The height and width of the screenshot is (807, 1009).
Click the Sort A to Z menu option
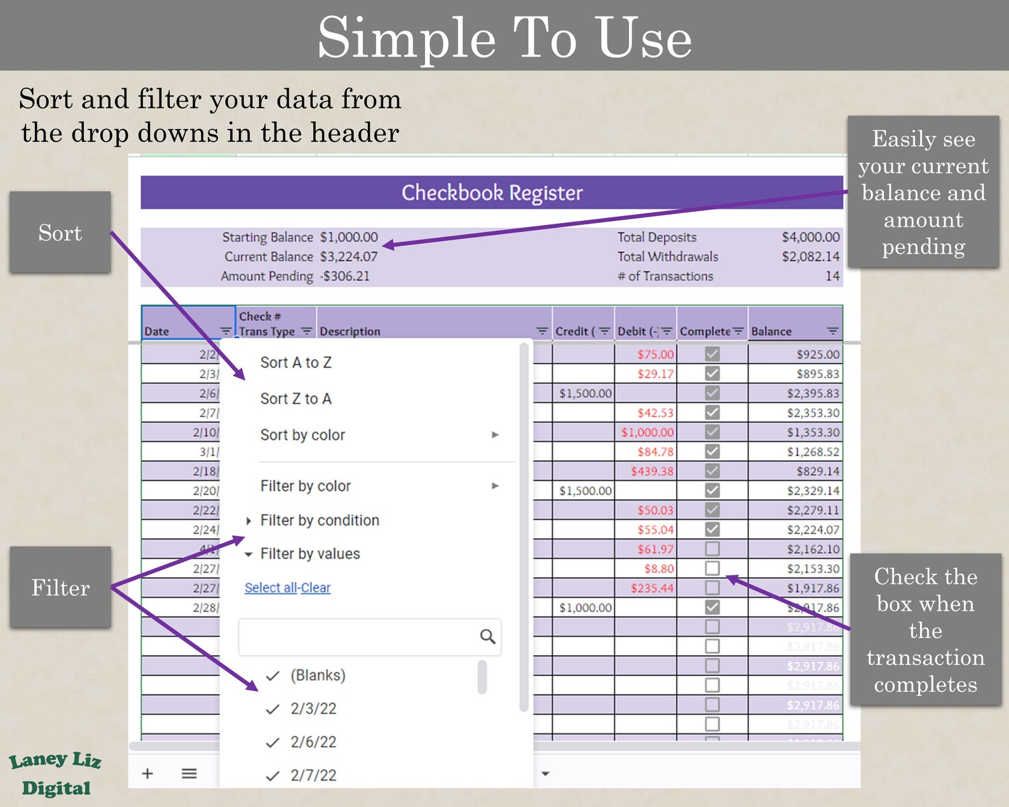(295, 363)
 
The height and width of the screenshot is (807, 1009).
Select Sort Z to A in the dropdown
(295, 399)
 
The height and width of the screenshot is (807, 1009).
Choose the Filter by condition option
(319, 520)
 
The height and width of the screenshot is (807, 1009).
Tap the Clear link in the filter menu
(316, 588)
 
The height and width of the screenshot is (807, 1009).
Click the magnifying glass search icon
(487, 637)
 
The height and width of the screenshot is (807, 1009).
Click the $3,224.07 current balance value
(349, 257)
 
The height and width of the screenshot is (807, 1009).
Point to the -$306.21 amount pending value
(344, 276)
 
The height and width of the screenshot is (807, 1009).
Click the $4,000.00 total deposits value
(810, 237)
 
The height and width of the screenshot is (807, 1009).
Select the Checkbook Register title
(492, 193)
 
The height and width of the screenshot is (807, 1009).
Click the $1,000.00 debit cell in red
(647, 433)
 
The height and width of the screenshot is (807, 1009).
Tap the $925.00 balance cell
(818, 355)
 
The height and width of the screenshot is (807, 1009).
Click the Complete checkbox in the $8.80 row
(712, 568)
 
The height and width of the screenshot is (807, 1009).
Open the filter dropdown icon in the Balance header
(832, 331)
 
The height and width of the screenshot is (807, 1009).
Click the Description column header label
(350, 331)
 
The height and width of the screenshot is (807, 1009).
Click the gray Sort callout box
(60, 233)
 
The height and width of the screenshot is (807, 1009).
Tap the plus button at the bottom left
(147, 773)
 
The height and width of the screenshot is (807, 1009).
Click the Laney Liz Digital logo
(55, 774)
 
